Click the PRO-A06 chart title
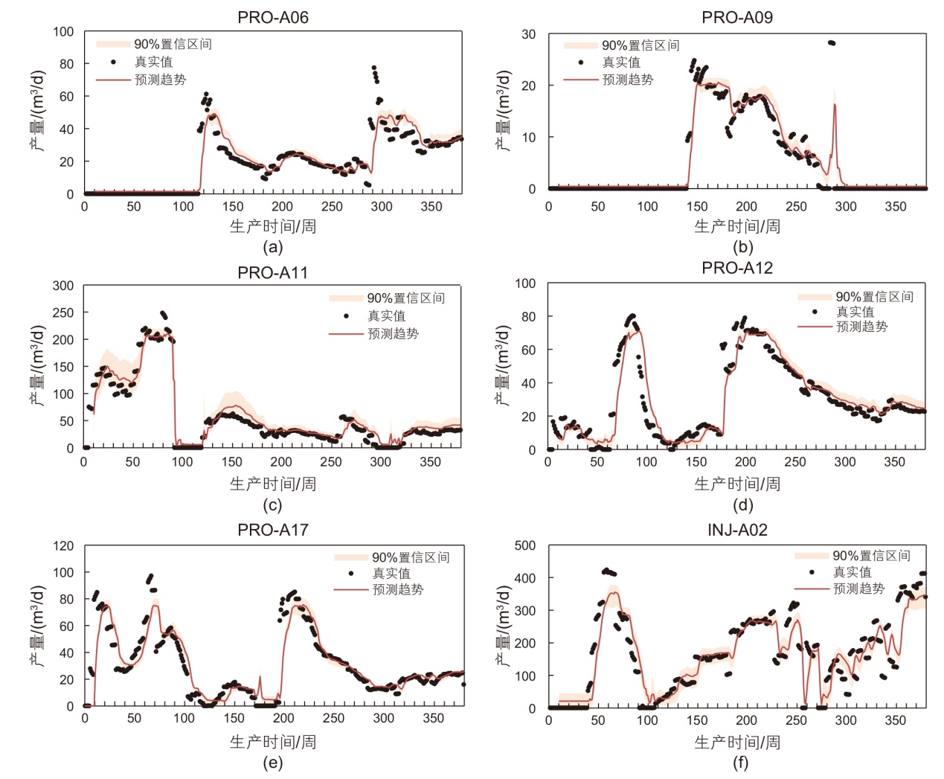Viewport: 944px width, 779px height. tap(272, 17)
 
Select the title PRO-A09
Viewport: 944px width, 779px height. tap(736, 17)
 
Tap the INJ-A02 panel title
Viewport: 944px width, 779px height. tap(736, 530)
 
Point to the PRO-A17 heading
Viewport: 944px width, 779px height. tap(272, 530)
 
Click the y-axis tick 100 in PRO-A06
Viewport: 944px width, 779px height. tap(63, 32)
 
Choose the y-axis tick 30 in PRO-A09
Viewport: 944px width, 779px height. tap(528, 34)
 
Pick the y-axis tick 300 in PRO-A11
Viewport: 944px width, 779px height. tap(63, 286)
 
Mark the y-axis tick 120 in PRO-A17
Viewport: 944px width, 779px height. tap(63, 546)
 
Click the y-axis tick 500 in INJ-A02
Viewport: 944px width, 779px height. tap(525, 545)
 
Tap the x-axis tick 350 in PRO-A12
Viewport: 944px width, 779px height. tap(894, 462)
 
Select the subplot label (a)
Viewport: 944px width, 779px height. tap(272, 247)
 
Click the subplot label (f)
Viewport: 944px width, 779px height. tap(741, 763)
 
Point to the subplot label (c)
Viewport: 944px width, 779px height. tap(272, 505)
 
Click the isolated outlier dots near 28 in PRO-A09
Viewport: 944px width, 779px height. tap(831, 43)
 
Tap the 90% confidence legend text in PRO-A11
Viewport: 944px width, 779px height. tap(405, 298)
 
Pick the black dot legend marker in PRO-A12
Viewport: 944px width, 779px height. tap(815, 312)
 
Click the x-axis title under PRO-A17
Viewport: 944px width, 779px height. tap(272, 742)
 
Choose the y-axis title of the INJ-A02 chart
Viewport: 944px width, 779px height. tap(504, 626)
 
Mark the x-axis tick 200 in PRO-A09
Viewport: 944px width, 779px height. tap(746, 206)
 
